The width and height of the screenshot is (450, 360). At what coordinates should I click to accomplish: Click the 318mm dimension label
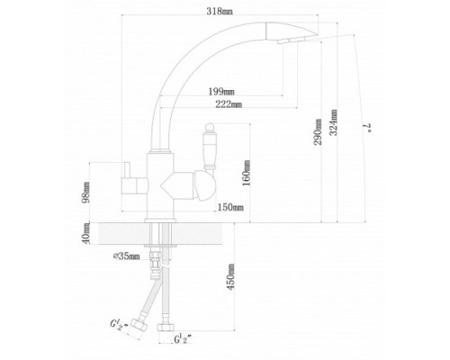[220, 12]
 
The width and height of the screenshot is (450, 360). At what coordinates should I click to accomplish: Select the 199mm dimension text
[221, 91]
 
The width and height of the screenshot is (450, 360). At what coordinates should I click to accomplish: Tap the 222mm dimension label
[229, 104]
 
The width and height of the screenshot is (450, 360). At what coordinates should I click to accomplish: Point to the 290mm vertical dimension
[318, 132]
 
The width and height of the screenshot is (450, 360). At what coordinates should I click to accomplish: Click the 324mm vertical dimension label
[334, 122]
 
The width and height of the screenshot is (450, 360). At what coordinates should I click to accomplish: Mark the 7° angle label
[369, 128]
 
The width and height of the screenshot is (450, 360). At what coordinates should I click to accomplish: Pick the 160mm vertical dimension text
[247, 173]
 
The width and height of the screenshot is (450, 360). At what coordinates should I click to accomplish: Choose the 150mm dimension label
[230, 207]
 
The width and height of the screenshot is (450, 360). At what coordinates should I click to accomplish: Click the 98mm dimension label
[86, 193]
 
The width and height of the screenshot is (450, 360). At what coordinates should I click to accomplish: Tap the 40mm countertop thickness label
[86, 233]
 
